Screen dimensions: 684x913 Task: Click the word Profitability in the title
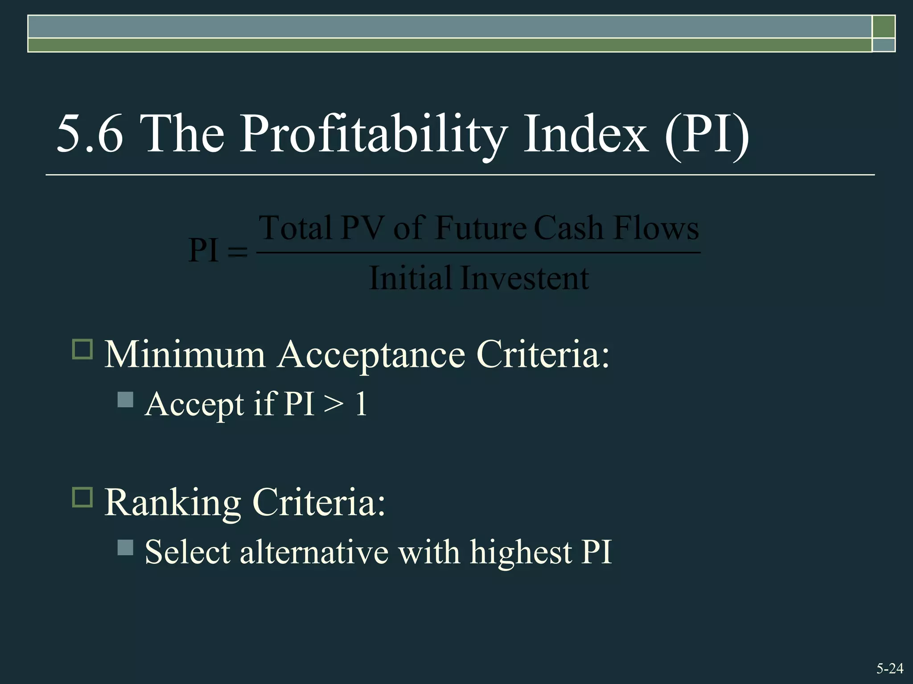(x=374, y=134)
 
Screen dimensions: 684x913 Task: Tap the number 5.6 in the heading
(x=90, y=134)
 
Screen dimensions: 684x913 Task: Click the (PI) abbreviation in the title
(x=707, y=134)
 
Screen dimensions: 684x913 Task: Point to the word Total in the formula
(x=296, y=228)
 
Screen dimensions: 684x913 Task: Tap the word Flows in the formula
(x=656, y=228)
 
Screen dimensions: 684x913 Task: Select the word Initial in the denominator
(x=411, y=278)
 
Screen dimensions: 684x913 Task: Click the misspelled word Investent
(x=524, y=278)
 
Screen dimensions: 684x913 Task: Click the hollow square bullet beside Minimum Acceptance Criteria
(x=82, y=350)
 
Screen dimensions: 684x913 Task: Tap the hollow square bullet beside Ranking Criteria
(x=82, y=497)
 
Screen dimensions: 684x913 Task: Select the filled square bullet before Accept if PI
(x=125, y=399)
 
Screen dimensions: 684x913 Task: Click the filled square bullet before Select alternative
(x=125, y=547)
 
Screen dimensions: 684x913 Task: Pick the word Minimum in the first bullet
(x=185, y=355)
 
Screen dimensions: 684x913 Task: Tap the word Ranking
(x=173, y=503)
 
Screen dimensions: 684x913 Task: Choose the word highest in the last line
(x=521, y=553)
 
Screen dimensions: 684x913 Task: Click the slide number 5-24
(x=890, y=668)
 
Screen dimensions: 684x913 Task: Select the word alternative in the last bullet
(x=314, y=553)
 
